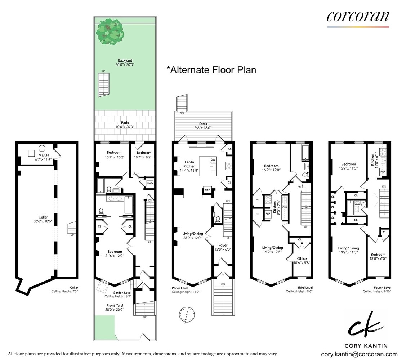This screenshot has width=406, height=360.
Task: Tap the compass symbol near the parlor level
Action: click(187, 315)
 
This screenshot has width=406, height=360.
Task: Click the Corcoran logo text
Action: click(358, 16)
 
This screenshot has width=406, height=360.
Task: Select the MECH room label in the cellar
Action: click(44, 155)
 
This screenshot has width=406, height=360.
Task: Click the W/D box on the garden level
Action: click(150, 183)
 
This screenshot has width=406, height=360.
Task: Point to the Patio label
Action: click(125, 123)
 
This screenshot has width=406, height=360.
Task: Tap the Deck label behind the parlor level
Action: click(203, 124)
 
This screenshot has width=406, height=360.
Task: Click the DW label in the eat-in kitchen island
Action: click(213, 160)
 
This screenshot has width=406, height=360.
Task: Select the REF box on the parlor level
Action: click(208, 190)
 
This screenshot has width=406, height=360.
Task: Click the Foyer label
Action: click(223, 245)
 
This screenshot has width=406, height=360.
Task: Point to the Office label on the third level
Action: click(302, 258)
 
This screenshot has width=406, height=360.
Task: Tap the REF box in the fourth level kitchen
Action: click(383, 172)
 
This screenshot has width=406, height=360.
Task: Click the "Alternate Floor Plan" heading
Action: click(211, 70)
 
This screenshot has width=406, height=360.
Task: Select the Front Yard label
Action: click(114, 305)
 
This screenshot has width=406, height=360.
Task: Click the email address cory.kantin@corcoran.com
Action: click(359, 354)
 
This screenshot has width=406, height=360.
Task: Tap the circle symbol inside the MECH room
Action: click(42, 149)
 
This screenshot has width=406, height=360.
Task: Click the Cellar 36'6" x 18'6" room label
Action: click(43, 219)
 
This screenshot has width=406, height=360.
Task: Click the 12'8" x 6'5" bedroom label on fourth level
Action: click(378, 256)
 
